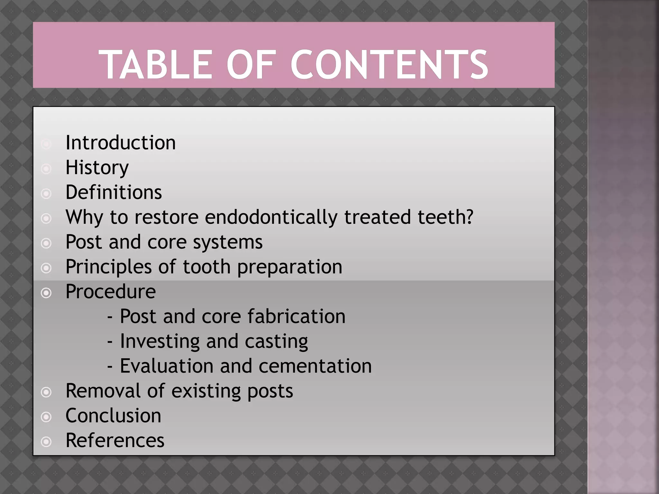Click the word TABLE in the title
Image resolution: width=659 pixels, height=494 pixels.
155,65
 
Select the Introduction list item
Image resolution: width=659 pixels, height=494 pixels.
121,143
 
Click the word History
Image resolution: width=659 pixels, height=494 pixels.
97,168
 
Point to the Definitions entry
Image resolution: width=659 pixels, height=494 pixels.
114,192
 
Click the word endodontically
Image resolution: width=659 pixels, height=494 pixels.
271,217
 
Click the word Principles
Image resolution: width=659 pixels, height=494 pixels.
108,267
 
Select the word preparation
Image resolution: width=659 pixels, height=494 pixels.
290,267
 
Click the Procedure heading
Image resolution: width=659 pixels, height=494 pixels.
111,292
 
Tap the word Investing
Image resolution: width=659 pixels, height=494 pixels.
160,341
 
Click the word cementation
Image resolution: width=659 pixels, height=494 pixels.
315,366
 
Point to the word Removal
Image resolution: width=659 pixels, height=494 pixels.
103,391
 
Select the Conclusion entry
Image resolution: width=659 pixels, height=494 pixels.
113,416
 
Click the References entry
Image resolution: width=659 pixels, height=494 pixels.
115,441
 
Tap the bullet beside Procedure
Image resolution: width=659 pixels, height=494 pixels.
46,293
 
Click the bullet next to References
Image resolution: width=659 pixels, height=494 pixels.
46,442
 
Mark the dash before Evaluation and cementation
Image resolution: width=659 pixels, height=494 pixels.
110,367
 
